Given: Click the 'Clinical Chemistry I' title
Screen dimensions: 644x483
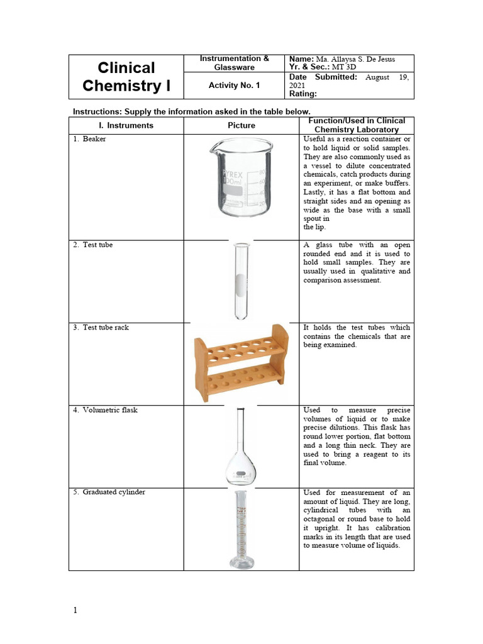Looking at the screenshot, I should tap(126, 76).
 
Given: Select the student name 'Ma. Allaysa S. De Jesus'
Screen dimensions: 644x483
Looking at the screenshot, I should tap(359, 58).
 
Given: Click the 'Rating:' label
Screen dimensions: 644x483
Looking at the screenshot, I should tap(303, 94).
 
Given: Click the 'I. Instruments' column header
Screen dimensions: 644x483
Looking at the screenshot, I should tap(126, 125).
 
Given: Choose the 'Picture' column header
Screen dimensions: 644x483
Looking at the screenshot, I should tap(241, 125).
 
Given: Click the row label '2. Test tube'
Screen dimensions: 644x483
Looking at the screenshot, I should tap(97, 245).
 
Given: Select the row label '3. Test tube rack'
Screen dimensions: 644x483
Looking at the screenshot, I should tap(105, 328).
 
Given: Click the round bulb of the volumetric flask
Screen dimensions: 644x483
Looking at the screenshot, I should tap(241, 469).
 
